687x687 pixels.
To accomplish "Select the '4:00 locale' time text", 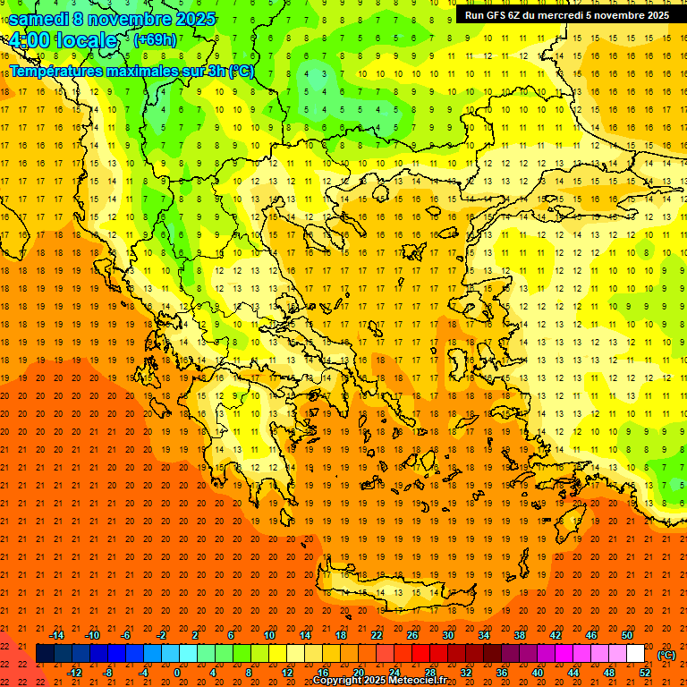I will tap(64, 40).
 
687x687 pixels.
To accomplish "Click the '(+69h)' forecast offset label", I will tap(155, 40).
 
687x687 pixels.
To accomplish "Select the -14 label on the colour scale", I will tap(57, 635).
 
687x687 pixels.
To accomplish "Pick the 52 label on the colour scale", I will tap(645, 673).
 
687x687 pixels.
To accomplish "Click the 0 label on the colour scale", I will tap(177, 673).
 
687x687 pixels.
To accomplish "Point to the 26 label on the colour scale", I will tap(412, 635).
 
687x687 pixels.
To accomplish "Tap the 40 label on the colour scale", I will tap(538, 673).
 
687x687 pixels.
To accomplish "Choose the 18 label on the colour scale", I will tap(341, 635).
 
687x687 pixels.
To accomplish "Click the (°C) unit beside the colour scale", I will tap(666, 655).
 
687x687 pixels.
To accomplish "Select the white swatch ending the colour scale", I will tap(636, 654).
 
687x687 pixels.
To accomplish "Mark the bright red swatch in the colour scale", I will tap(421, 654).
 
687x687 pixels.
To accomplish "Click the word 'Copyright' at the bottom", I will tap(337, 681).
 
